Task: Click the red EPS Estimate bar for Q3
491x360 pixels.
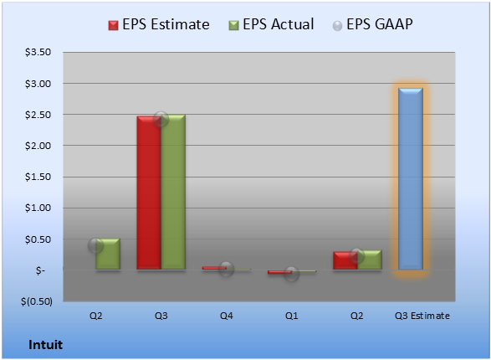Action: (x=149, y=193)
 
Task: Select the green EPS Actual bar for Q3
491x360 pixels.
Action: (x=173, y=192)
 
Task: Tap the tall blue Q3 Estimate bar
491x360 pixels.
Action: (x=411, y=179)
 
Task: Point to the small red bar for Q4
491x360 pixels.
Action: (x=214, y=268)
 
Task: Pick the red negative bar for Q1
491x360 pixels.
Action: (x=279, y=272)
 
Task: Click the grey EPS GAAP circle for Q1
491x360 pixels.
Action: (x=292, y=275)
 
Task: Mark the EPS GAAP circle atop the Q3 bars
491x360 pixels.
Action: (x=161, y=119)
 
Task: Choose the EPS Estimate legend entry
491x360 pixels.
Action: (x=159, y=24)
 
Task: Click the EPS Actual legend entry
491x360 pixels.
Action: (x=271, y=24)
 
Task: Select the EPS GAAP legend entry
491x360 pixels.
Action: (x=372, y=24)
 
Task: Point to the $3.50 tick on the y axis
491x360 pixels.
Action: (x=38, y=52)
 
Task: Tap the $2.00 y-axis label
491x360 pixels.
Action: (x=38, y=146)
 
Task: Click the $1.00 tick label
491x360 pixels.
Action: (x=38, y=208)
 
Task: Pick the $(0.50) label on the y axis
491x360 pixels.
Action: (x=37, y=301)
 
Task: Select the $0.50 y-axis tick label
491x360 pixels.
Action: (x=38, y=239)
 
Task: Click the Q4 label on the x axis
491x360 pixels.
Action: (x=227, y=316)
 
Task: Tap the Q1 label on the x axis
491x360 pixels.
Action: (x=292, y=316)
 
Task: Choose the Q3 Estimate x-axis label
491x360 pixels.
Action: (x=422, y=316)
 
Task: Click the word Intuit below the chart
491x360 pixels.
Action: (x=46, y=345)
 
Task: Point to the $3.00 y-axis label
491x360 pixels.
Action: (x=38, y=84)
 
